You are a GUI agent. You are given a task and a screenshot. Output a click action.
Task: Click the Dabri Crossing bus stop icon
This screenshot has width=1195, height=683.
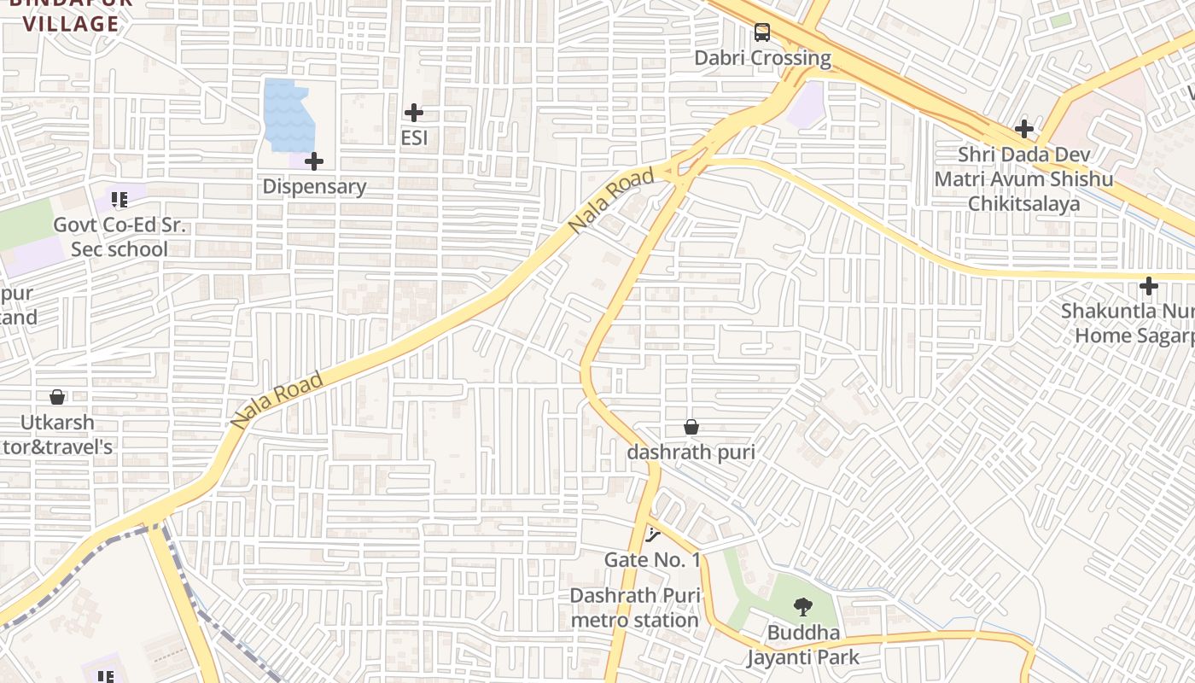point(761,33)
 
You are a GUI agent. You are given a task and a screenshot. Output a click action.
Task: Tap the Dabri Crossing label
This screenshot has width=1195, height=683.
point(762,58)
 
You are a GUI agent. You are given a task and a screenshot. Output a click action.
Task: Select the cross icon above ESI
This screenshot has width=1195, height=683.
point(414,113)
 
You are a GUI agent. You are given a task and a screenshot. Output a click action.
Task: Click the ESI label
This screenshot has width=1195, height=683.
point(414,137)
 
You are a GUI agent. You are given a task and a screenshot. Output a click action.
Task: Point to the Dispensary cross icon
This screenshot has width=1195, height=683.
point(314,161)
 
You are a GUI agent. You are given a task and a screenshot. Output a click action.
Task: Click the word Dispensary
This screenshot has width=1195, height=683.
point(314,186)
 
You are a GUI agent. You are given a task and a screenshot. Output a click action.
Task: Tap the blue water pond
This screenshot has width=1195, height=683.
point(289,114)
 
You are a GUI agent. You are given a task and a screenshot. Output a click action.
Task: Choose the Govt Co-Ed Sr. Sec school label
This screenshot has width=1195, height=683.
point(119,237)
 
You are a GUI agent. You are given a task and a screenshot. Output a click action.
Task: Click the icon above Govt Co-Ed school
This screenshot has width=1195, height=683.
point(119,201)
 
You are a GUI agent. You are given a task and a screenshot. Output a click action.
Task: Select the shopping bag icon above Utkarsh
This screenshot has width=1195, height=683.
point(57,397)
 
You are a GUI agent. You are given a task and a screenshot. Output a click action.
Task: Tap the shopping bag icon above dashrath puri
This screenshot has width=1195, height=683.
point(691,427)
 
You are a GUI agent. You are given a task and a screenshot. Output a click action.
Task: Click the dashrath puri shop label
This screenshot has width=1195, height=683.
point(691,452)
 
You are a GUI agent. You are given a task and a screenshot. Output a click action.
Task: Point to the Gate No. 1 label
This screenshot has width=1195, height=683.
point(652,560)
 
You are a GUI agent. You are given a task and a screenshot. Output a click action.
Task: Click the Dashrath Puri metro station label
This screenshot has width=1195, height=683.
point(635,608)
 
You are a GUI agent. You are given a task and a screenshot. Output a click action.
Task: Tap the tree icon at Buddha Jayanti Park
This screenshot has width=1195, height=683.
point(802,608)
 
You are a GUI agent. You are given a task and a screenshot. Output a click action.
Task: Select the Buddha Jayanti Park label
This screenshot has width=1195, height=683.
point(803,645)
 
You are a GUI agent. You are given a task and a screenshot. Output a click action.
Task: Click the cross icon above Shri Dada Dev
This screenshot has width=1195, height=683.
point(1024,129)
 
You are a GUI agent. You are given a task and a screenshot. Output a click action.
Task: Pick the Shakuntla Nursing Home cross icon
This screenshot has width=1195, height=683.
point(1149,286)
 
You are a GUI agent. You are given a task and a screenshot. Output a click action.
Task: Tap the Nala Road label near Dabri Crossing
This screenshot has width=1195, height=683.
point(612,201)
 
